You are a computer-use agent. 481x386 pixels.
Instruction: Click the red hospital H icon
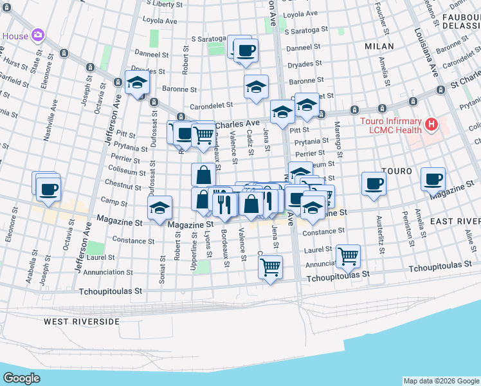pyautogui.click(x=431, y=123)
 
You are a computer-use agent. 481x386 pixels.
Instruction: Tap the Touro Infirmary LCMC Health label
pyautogui.click(x=390, y=126)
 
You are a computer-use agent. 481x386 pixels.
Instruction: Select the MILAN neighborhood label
pyautogui.click(x=379, y=46)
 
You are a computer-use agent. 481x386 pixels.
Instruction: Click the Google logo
pyautogui.click(x=21, y=378)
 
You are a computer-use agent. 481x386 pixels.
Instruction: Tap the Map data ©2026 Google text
pyautogui.click(x=440, y=381)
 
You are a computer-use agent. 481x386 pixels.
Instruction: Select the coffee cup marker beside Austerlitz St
pyautogui.click(x=374, y=184)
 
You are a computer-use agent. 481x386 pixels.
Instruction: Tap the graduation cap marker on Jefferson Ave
pyautogui.click(x=137, y=82)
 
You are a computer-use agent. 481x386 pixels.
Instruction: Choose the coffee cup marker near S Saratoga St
pyautogui.click(x=245, y=50)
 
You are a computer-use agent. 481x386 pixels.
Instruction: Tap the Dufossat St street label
pyautogui.click(x=154, y=128)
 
